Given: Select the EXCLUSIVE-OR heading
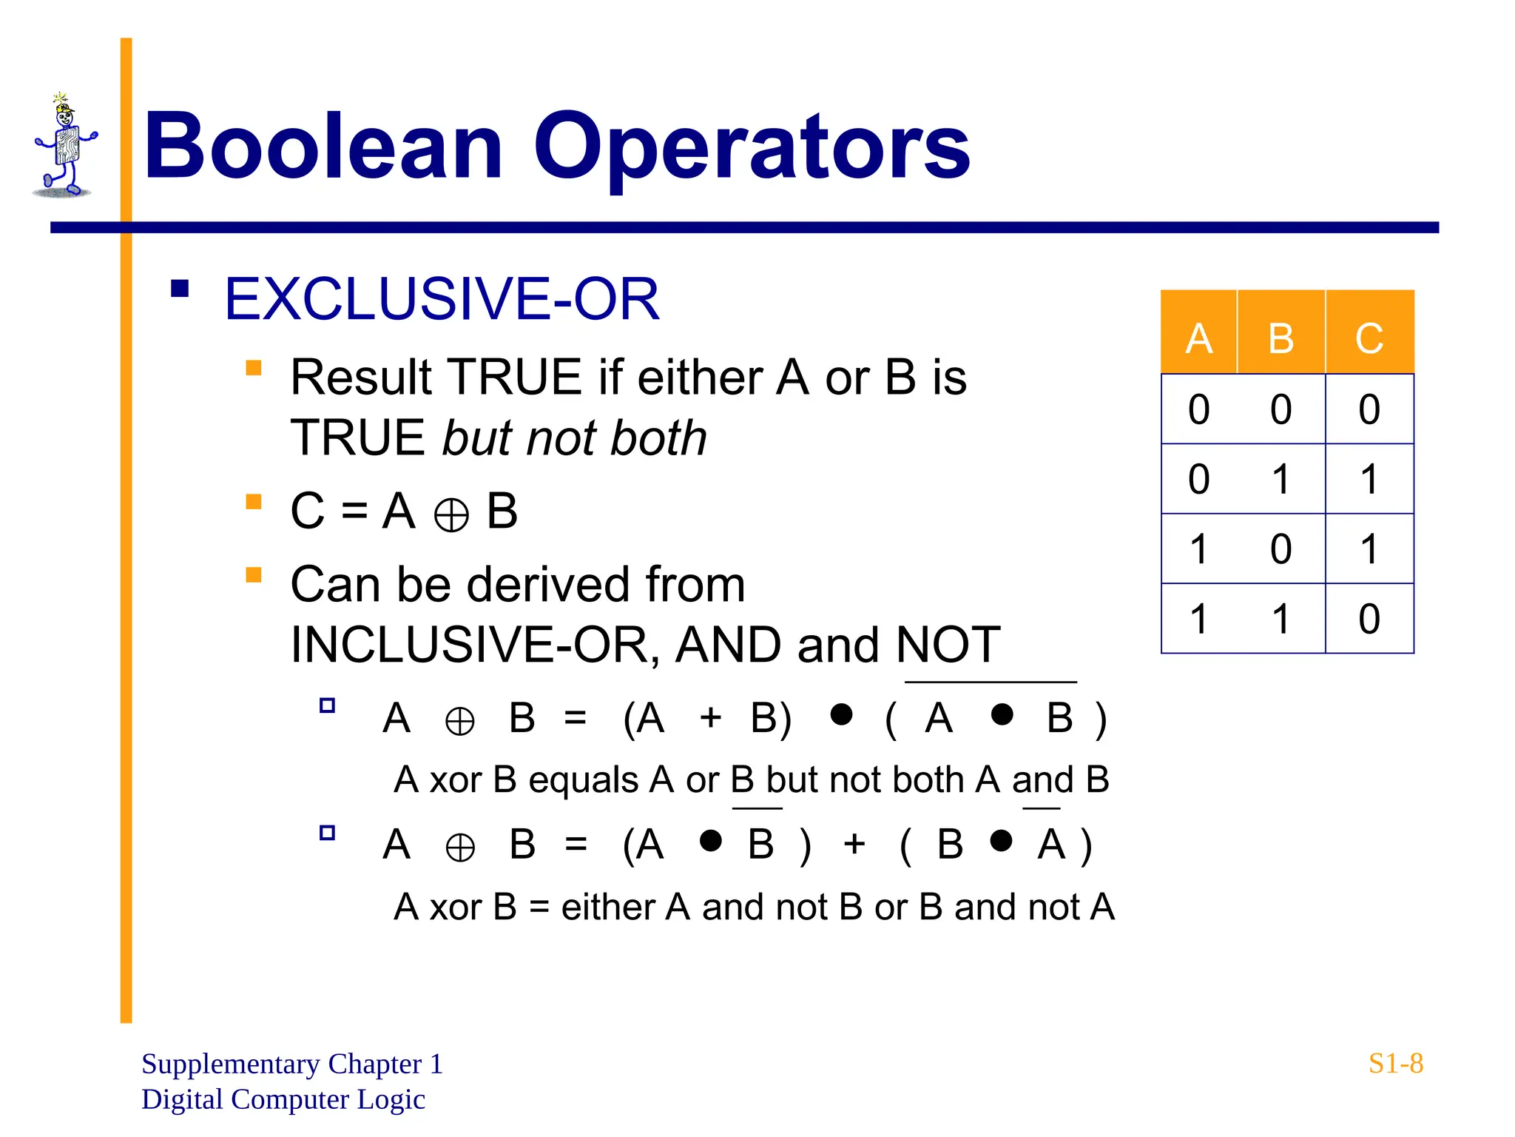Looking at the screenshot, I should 442,299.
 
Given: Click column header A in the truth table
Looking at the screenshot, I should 1198,338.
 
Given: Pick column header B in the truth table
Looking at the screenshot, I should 1281,338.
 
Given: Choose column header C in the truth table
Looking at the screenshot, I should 1369,338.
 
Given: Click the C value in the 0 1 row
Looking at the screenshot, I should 1369,479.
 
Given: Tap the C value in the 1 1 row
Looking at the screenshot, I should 1369,619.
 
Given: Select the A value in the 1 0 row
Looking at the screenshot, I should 1198,549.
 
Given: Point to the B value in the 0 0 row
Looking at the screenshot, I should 1281,409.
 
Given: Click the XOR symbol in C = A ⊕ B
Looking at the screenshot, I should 451,514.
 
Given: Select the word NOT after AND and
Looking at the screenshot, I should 948,645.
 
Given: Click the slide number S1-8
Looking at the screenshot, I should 1395,1064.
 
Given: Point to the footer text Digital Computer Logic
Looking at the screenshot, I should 283,1099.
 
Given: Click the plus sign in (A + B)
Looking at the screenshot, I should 710,717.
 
